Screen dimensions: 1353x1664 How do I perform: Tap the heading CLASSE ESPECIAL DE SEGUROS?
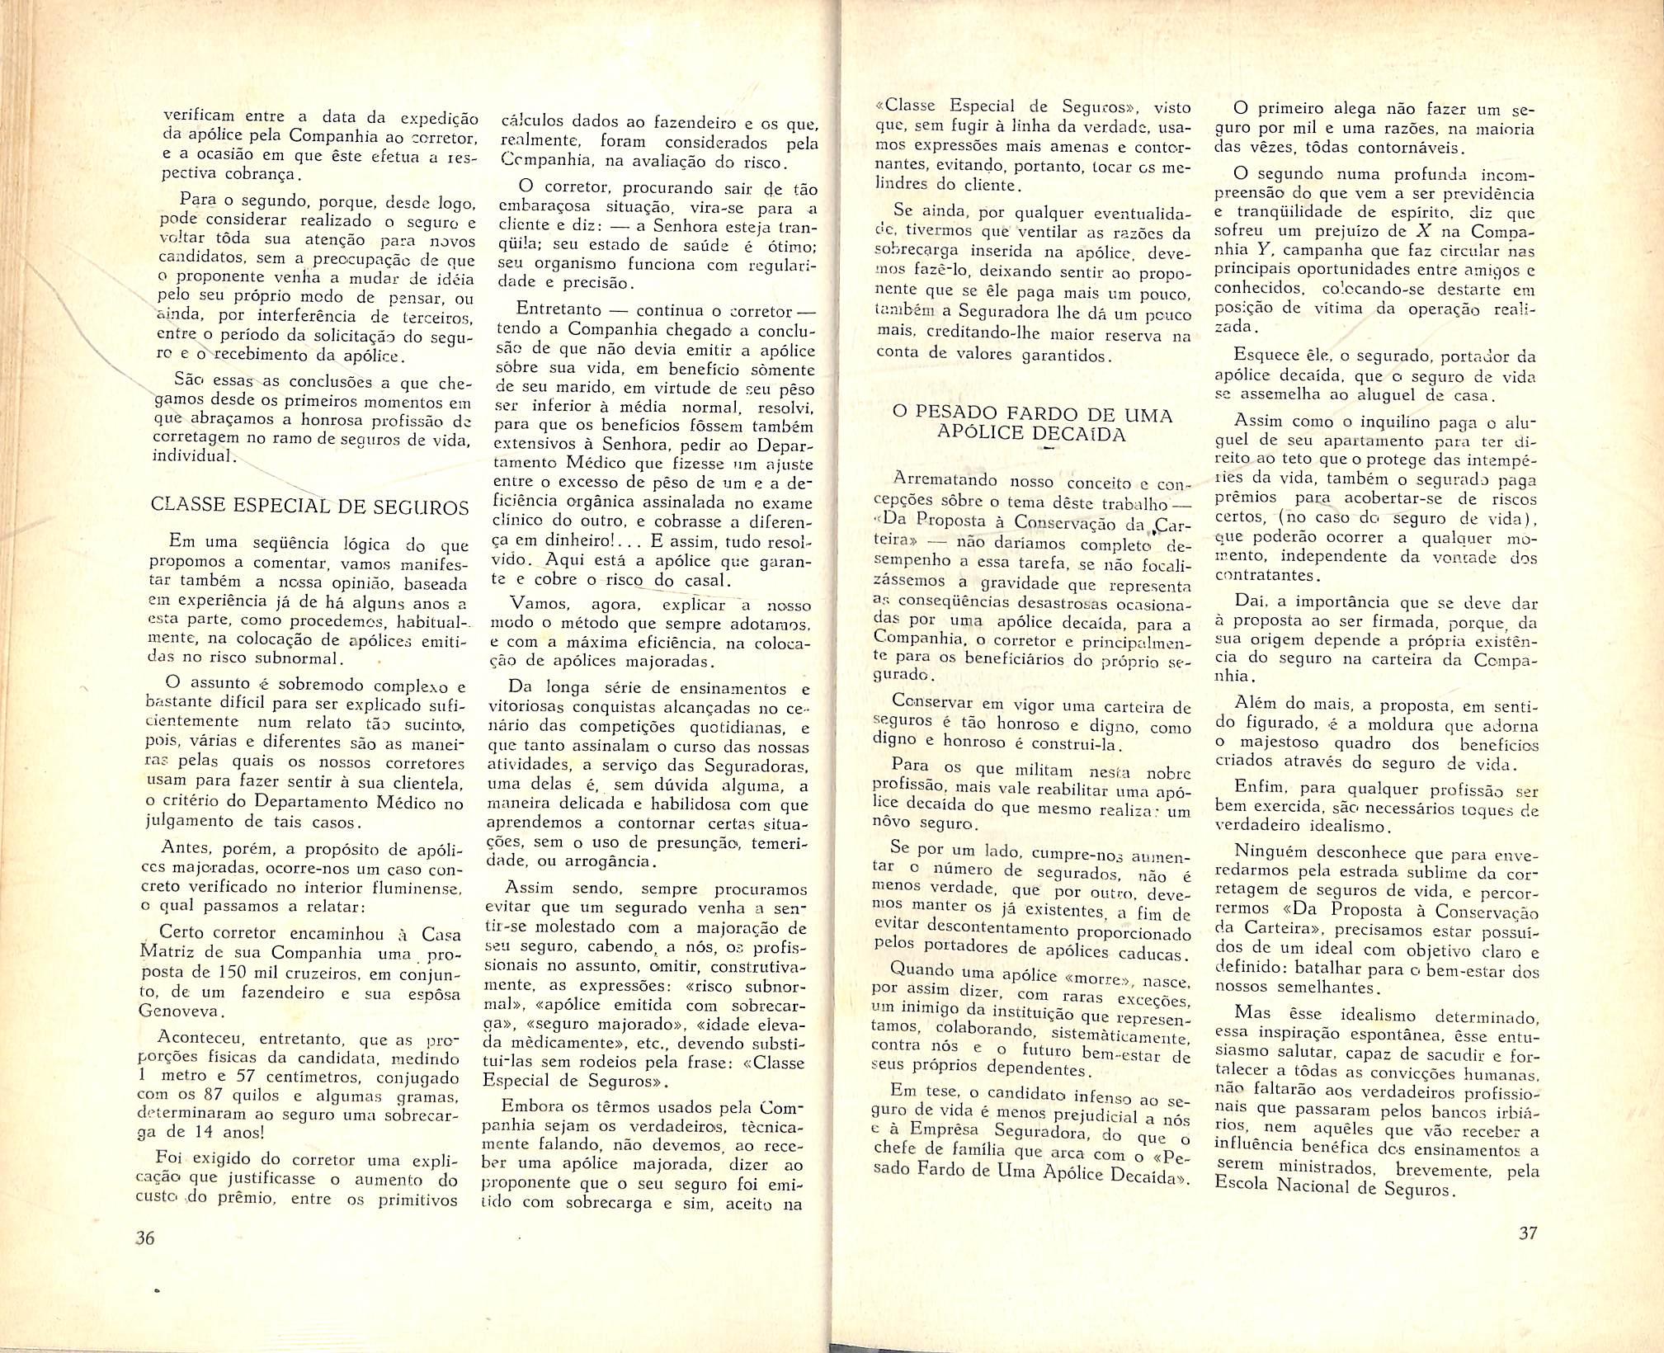309,506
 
